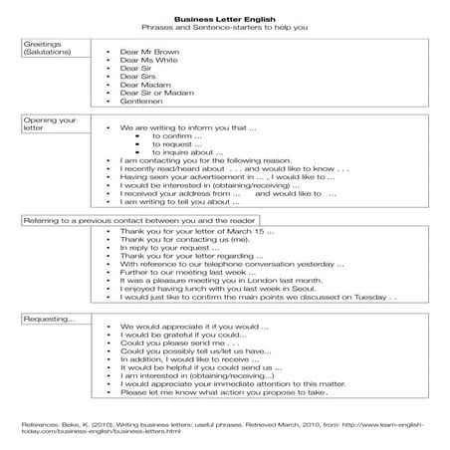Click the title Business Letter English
click(x=224, y=17)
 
